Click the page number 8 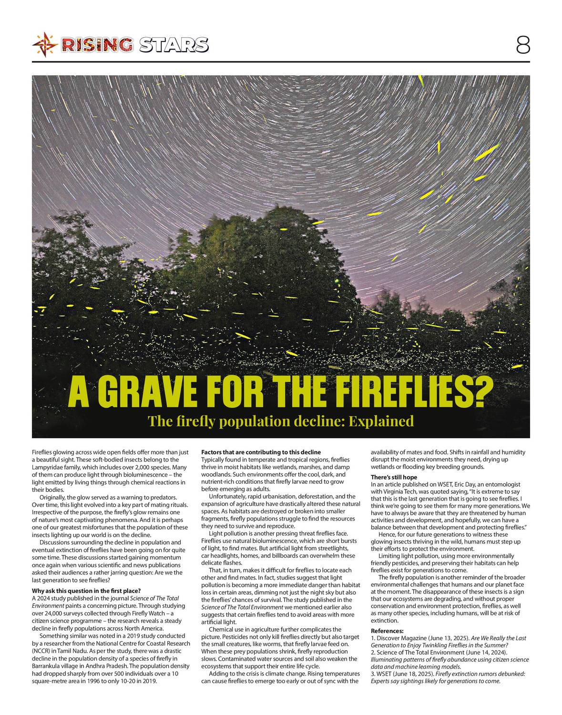point(522,45)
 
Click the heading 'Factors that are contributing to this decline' point(261,452)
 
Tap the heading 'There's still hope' point(394,477)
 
